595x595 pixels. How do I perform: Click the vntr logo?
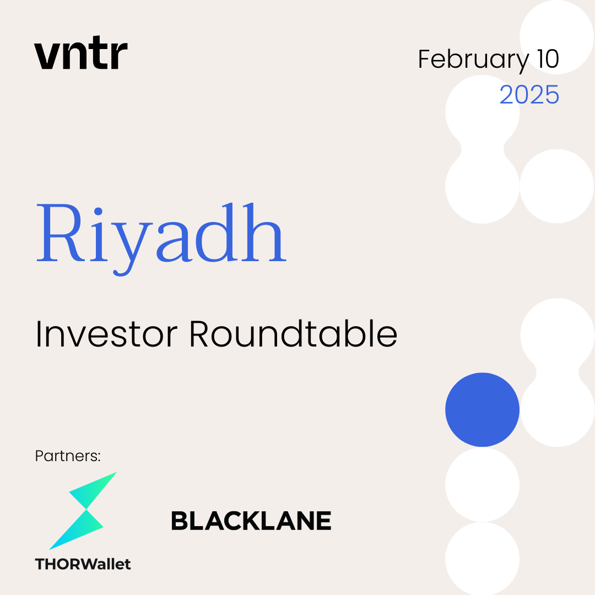[x=81, y=53]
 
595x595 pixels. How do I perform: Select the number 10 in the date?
[x=548, y=59]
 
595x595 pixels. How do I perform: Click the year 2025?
[x=529, y=95]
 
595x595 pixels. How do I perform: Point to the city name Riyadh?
[x=161, y=239]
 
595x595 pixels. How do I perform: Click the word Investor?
[x=107, y=334]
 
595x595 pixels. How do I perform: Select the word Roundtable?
[x=293, y=333]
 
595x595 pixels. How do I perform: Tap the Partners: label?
[x=68, y=456]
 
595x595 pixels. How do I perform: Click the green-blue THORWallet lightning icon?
[x=83, y=510]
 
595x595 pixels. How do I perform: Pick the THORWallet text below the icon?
[x=83, y=564]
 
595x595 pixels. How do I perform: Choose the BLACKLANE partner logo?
[x=251, y=521]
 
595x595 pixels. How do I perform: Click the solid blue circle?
[x=482, y=410]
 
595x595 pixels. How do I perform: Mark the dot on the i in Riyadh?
[x=98, y=212]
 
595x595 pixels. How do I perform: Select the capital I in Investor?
[x=38, y=333]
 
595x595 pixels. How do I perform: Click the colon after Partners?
[x=99, y=457]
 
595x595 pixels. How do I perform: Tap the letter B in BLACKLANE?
[x=182, y=521]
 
